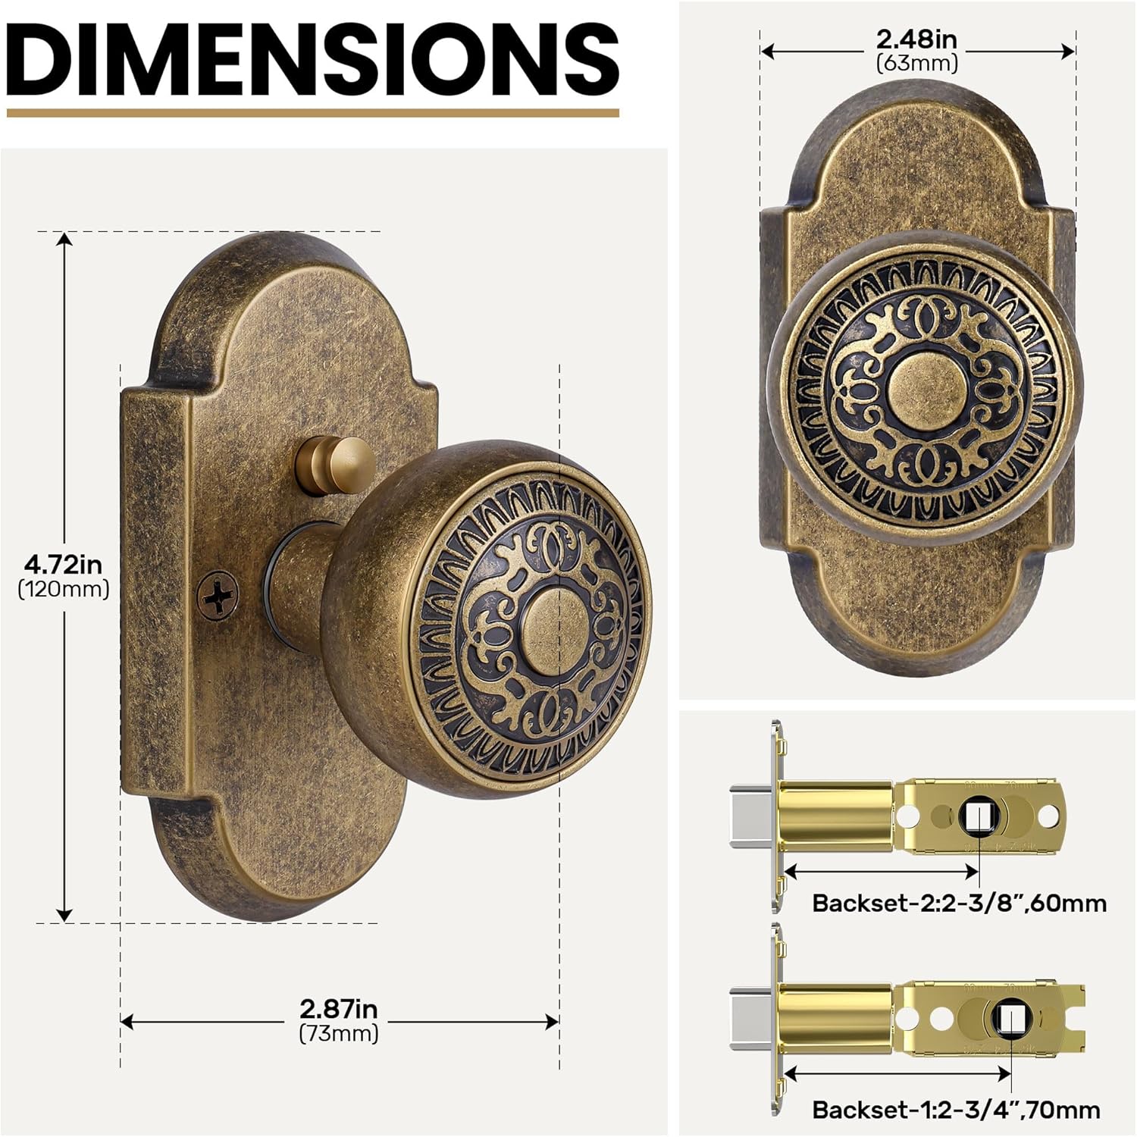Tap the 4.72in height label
pyautogui.click(x=63, y=565)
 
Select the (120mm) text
pyautogui.click(x=63, y=589)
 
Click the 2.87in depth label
pyautogui.click(x=338, y=1009)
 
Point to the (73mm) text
pyautogui.click(x=338, y=1033)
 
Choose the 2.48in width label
pyautogui.click(x=916, y=39)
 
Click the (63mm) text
pyautogui.click(x=916, y=63)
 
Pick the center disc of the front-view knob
pyautogui.click(x=925, y=383)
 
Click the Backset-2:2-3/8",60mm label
pyautogui.click(x=959, y=904)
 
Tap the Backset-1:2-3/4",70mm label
pyautogui.click(x=956, y=1110)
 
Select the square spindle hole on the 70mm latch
pyautogui.click(x=1009, y=1019)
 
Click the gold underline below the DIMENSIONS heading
pyautogui.click(x=312, y=113)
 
